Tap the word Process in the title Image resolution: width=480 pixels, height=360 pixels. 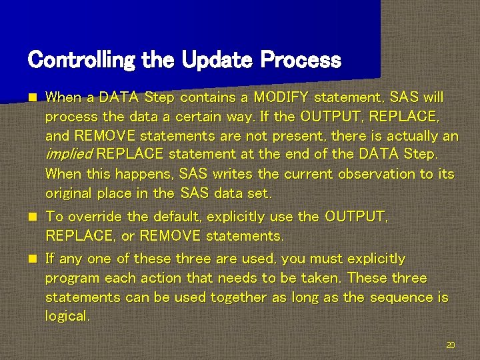click(x=301, y=61)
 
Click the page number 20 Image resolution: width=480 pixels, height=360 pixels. click(x=450, y=345)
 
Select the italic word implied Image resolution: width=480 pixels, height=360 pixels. click(x=69, y=155)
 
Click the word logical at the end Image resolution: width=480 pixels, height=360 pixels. click(x=67, y=317)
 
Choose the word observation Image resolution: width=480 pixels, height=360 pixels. click(x=363, y=174)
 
